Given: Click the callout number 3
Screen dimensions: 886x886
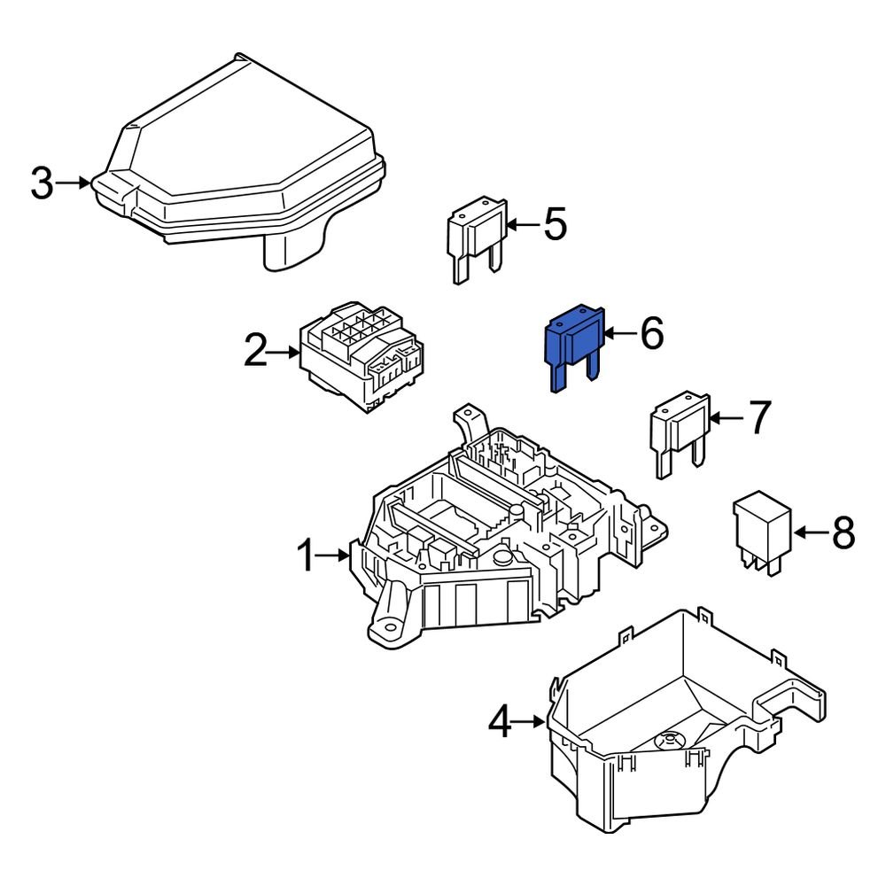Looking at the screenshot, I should pyautogui.click(x=42, y=183).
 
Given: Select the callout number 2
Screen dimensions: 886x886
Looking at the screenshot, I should pyautogui.click(x=255, y=353).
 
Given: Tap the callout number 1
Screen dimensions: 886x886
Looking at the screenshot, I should pyautogui.click(x=306, y=556).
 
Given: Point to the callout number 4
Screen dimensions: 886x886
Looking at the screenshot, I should pyautogui.click(x=501, y=723).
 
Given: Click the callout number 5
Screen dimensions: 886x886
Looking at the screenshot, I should pyautogui.click(x=555, y=225).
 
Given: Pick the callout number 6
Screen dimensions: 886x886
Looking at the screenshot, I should pyautogui.click(x=651, y=334).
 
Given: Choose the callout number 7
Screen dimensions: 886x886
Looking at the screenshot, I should pyautogui.click(x=760, y=418).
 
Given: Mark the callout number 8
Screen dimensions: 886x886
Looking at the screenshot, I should pyautogui.click(x=842, y=532).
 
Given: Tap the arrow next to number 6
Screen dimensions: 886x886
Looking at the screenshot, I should pyautogui.click(x=620, y=334).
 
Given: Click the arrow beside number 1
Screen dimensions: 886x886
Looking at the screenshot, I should pyautogui.click(x=335, y=556).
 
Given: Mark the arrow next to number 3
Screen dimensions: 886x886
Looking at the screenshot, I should pyautogui.click(x=74, y=183).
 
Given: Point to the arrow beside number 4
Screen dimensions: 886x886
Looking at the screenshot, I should pyautogui.click(x=530, y=723).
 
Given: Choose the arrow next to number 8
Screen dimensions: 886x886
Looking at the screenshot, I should pyautogui.click(x=809, y=532).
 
